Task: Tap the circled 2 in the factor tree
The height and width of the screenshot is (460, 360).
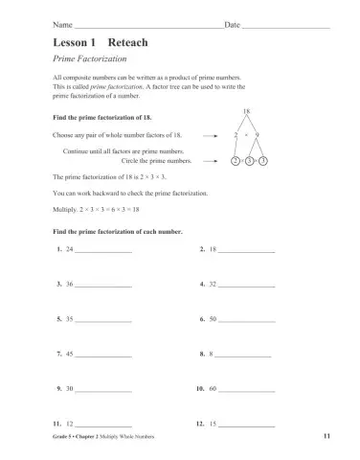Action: coord(236,161)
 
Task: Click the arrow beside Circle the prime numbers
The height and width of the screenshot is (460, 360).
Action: coord(211,161)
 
